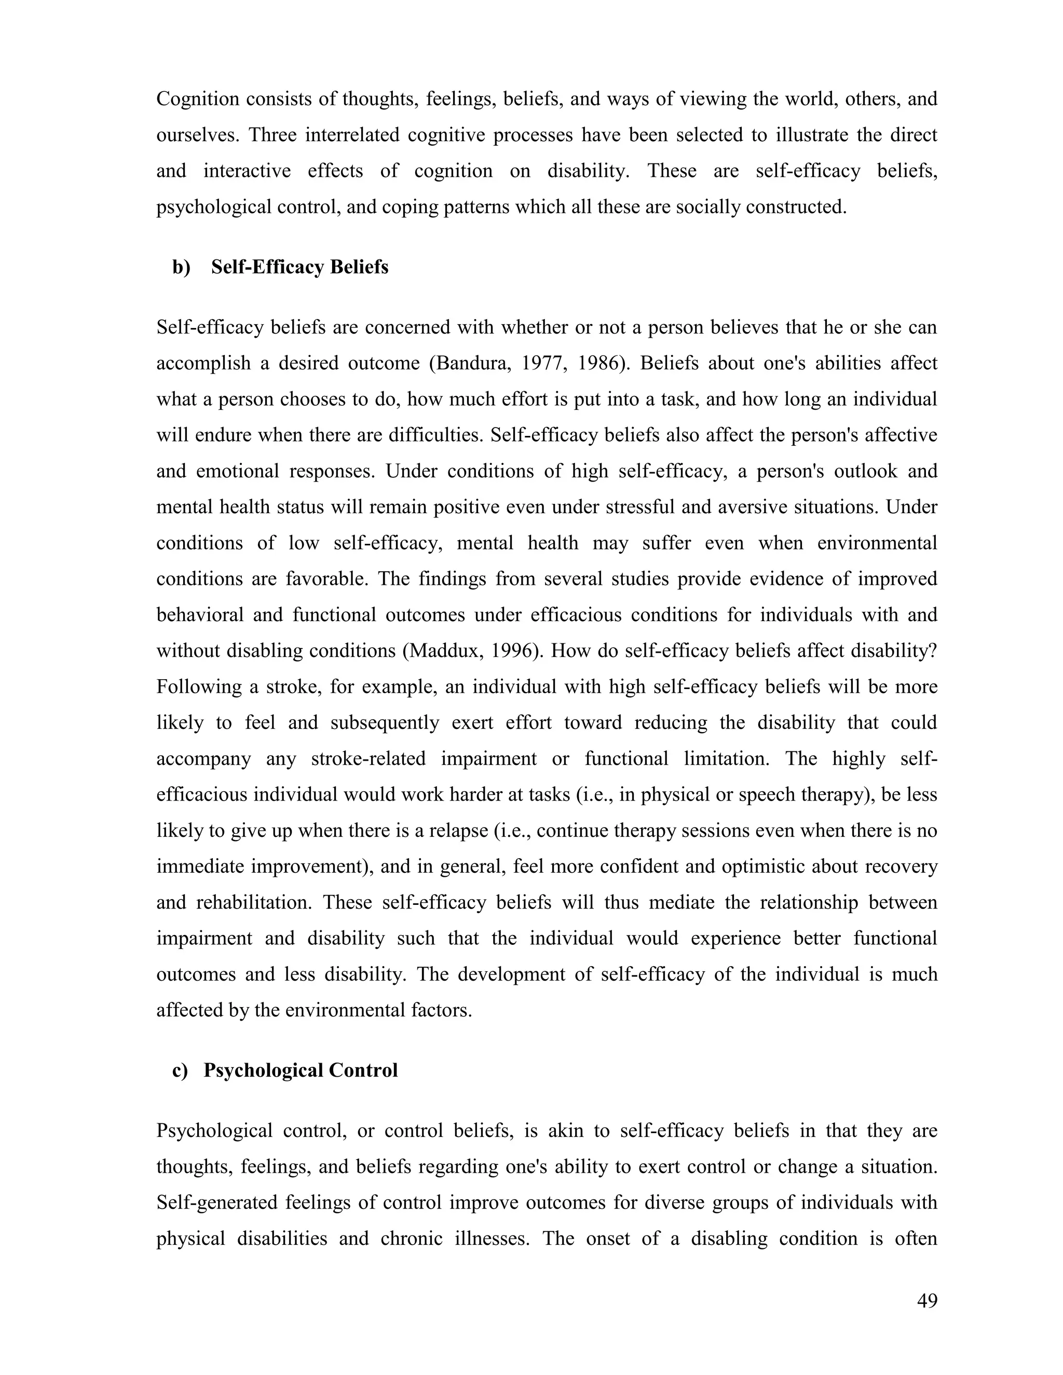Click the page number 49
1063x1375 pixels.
pos(927,1300)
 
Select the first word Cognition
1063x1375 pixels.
pos(198,99)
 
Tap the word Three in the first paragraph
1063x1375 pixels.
pos(272,135)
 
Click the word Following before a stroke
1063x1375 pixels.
pos(198,686)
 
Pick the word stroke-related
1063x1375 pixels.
pos(368,758)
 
